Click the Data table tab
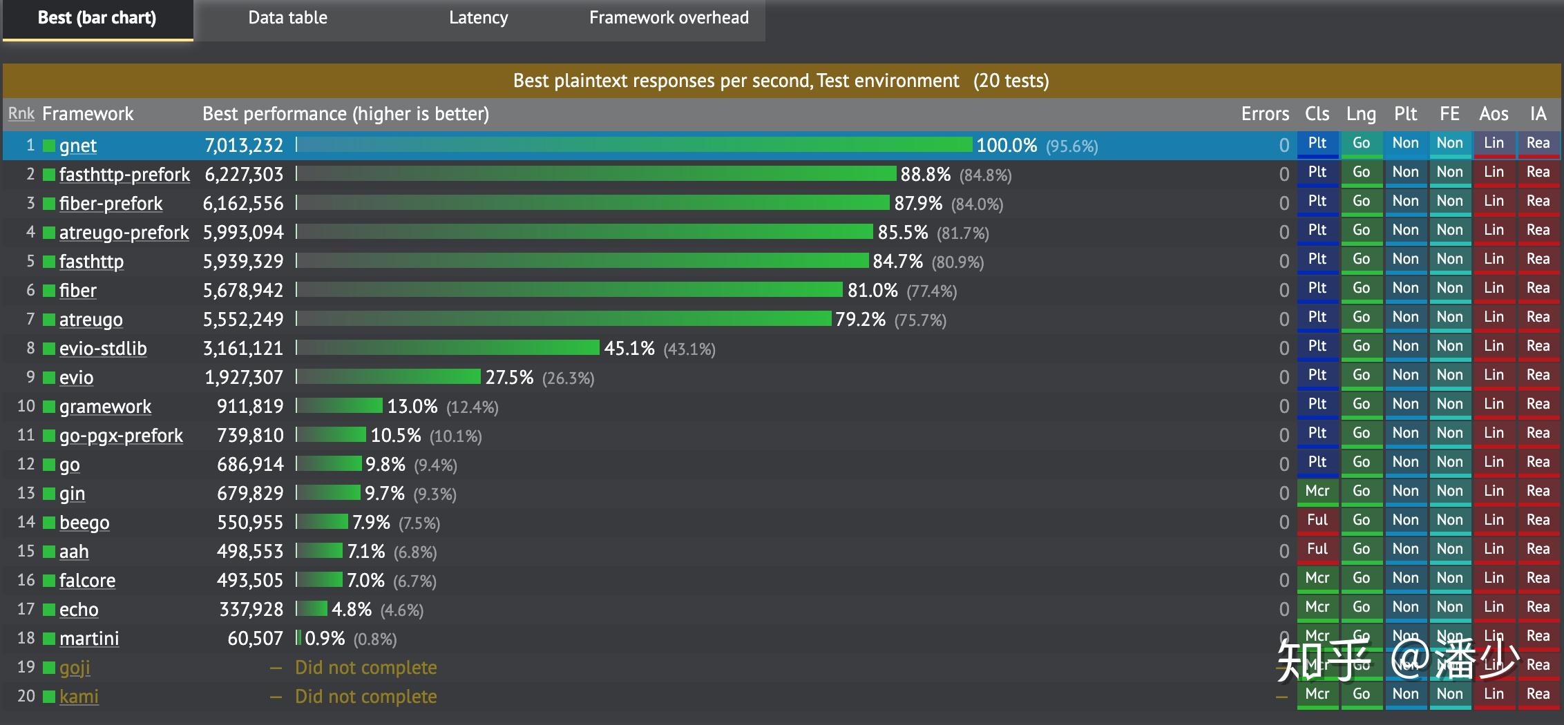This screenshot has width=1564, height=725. tap(287, 18)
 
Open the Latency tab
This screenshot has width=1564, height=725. tap(478, 18)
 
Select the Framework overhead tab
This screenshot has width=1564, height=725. tap(669, 18)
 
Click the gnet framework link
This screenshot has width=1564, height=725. tap(78, 146)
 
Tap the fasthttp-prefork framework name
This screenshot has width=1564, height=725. tap(124, 175)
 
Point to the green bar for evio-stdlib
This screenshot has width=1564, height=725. tap(449, 347)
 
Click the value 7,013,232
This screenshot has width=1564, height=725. tap(244, 146)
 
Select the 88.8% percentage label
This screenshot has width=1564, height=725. tap(925, 175)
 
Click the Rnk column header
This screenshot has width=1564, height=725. tap(21, 114)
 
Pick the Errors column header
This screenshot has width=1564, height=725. tap(1265, 114)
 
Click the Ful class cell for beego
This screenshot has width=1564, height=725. tap(1317, 521)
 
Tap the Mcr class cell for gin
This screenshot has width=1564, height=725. tap(1317, 492)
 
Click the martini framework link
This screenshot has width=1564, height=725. tap(89, 639)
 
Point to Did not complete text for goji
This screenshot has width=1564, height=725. tap(365, 668)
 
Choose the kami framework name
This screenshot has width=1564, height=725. tap(79, 697)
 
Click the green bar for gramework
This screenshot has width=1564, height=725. tap(340, 405)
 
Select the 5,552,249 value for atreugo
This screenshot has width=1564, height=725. tap(243, 320)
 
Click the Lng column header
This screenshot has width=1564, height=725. tap(1361, 114)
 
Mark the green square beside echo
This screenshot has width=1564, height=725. tap(49, 610)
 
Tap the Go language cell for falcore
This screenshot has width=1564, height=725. tap(1361, 579)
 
